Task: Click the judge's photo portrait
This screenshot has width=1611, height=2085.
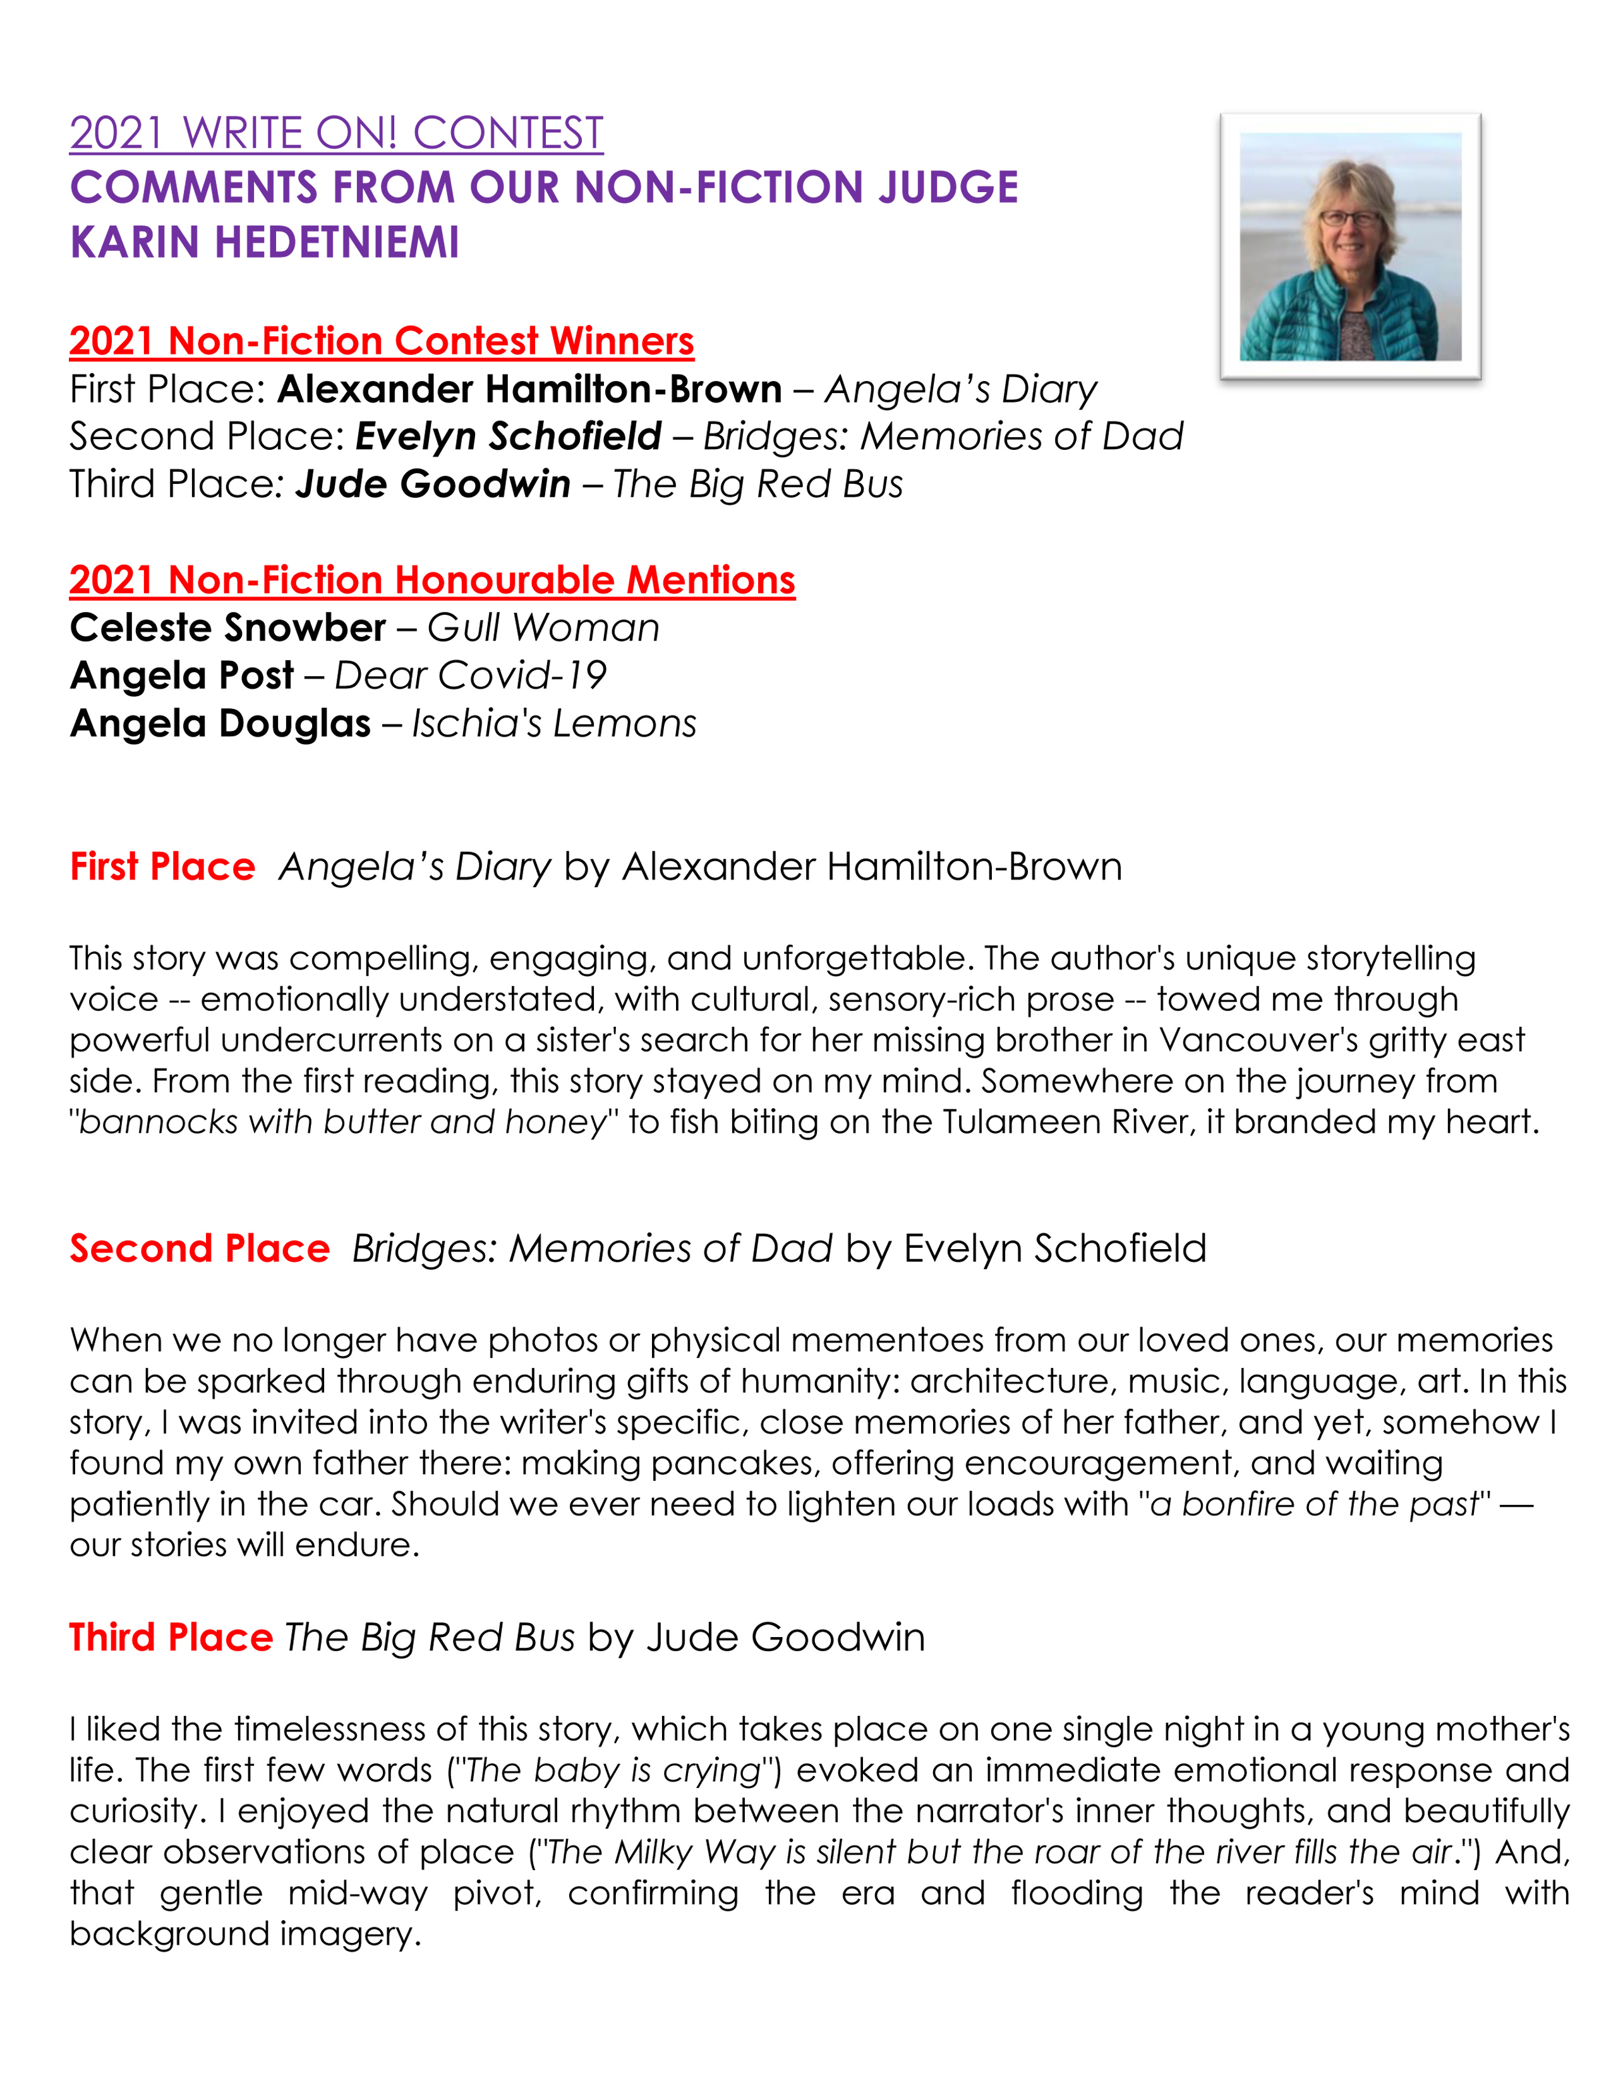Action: pos(1349,246)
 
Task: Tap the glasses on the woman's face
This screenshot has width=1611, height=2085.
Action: pos(1349,219)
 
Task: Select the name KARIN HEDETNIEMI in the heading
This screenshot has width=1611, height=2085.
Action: pos(264,243)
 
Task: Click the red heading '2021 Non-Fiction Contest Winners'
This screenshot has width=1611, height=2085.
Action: pos(381,341)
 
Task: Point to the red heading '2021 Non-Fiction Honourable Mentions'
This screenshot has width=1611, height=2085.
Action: pos(431,579)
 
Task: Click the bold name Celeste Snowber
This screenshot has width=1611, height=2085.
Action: pos(227,628)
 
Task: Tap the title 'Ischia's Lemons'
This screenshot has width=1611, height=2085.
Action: pos(553,723)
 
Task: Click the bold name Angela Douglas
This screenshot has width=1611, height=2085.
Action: pos(219,723)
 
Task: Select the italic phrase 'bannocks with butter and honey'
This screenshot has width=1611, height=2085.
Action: pos(342,1121)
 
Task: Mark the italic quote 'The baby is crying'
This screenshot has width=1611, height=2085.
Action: pos(613,1770)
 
